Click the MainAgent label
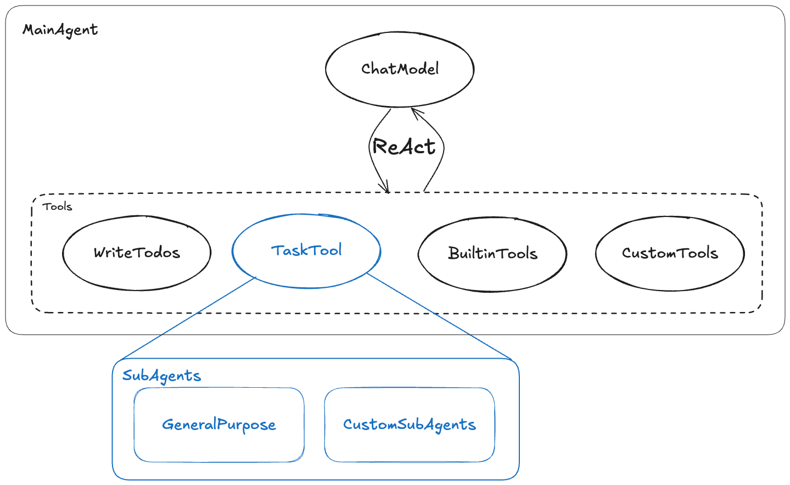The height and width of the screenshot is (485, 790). [60, 30]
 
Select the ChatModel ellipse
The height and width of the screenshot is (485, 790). [400, 88]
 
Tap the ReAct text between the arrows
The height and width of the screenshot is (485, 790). [404, 147]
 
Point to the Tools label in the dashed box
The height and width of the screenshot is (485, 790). [58, 207]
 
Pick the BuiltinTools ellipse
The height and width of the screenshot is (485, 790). [492, 275]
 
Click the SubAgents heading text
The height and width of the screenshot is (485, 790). [161, 376]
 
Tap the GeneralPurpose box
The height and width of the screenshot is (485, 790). [219, 445]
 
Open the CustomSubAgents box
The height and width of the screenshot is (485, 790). [410, 445]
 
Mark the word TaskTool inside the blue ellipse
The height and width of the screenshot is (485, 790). [306, 250]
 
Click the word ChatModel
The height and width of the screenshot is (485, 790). [400, 69]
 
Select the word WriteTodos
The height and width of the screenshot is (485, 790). [137, 253]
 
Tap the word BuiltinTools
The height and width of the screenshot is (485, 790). [492, 253]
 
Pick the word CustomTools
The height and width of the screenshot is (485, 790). [670, 253]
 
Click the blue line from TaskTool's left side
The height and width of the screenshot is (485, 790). [187, 319]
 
